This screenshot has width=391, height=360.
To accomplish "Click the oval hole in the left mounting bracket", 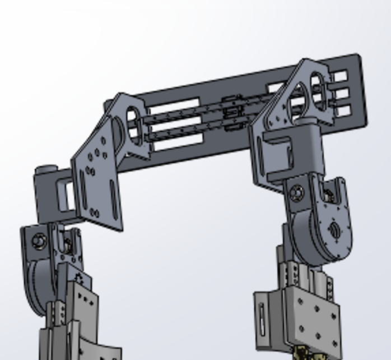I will point(134,124).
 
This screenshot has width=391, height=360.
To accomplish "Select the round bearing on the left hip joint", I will point(39,242).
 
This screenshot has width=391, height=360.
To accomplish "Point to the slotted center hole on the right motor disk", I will point(334,230).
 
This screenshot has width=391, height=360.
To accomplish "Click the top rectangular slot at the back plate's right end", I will point(339,77).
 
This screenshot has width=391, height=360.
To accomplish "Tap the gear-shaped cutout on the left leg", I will point(80,278).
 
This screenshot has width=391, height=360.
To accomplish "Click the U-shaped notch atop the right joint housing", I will point(328,194).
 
